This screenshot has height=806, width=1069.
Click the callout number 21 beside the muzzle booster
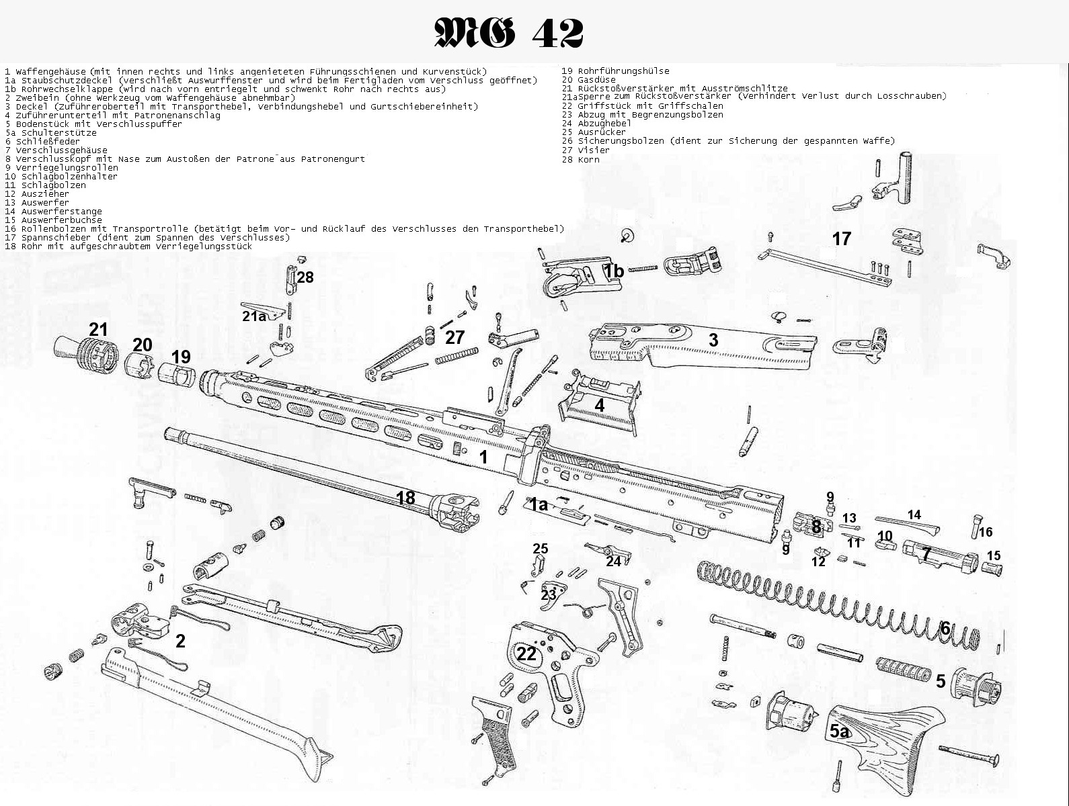(98, 329)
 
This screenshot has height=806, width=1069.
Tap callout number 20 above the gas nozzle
(142, 345)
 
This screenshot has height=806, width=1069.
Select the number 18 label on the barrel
(405, 498)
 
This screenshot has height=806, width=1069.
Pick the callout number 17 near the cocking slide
(841, 238)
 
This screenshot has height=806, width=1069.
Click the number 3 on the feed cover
(713, 340)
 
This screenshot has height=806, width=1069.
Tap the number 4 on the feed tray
(599, 406)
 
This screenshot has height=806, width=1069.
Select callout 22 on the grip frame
(526, 654)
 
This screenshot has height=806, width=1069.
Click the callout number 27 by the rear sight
(455, 337)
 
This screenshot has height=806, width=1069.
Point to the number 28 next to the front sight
(305, 277)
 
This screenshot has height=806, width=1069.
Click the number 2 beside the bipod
(180, 641)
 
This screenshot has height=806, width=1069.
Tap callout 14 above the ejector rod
(914, 515)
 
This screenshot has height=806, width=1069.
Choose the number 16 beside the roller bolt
(986, 533)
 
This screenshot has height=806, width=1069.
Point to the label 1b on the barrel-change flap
(613, 271)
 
